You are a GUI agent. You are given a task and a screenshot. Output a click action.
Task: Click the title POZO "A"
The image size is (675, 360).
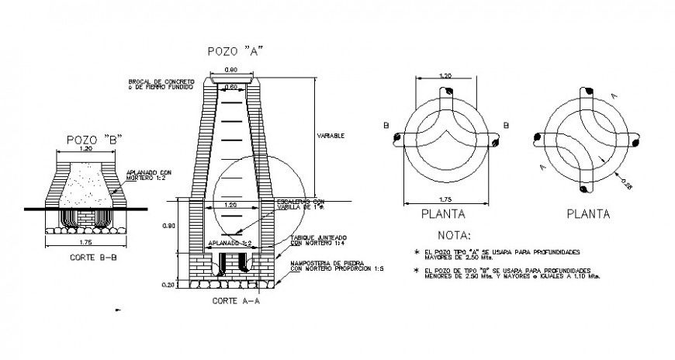click(x=236, y=51)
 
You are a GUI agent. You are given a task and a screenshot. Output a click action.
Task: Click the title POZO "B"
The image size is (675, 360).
click(x=94, y=139)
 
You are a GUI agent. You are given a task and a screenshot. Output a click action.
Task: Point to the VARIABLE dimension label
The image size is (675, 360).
click(x=331, y=135)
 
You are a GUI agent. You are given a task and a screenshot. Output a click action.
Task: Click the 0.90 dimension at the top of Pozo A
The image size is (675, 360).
click(x=231, y=71)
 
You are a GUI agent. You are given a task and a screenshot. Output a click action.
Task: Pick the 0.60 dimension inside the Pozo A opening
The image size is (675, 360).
click(x=231, y=86)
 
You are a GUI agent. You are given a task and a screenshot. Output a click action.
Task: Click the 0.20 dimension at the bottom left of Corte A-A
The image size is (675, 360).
click(x=169, y=285)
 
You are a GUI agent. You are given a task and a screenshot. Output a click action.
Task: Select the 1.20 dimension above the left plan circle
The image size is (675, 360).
click(x=445, y=76)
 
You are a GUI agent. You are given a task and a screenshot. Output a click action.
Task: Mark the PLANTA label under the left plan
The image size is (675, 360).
click(x=442, y=213)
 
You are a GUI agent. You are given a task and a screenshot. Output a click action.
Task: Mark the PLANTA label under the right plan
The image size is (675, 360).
click(x=587, y=213)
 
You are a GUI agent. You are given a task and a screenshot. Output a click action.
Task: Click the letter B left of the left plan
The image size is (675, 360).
click(x=386, y=124)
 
